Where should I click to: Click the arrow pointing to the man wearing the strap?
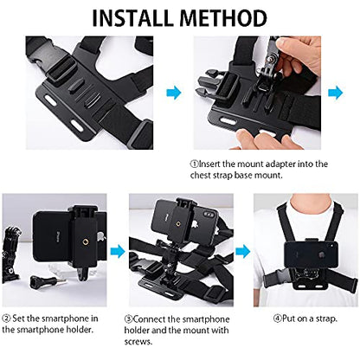[243, 251]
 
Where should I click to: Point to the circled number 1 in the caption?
[196, 162]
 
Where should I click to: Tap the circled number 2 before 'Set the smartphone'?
[6, 318]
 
